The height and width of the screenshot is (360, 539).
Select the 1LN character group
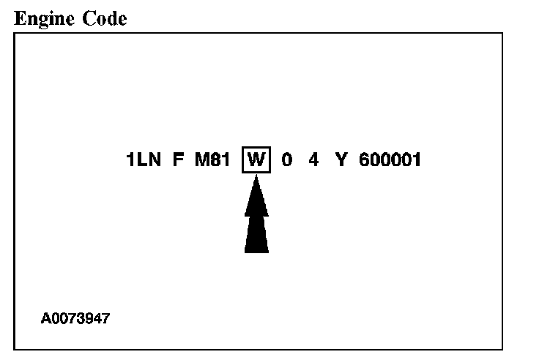coord(144,160)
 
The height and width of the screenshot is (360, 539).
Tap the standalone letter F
coord(178,160)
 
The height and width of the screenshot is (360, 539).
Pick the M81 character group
coord(212,160)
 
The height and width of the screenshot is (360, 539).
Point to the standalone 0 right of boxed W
coord(287,160)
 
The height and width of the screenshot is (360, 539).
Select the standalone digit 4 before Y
coord(313,160)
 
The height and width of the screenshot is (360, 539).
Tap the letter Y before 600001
coord(341,160)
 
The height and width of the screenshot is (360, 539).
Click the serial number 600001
coord(390,160)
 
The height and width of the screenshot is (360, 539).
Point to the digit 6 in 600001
coord(365,160)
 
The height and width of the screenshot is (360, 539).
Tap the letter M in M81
coord(203,160)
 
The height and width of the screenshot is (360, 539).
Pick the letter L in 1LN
coord(141,160)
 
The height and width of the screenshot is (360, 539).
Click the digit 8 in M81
coord(217,160)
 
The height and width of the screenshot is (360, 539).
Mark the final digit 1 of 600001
coord(417,160)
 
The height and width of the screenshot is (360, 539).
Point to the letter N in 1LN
coord(154,160)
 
